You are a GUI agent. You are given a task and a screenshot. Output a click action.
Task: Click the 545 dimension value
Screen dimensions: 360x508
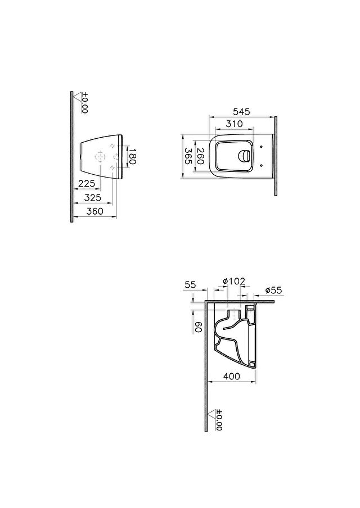tap(242, 112)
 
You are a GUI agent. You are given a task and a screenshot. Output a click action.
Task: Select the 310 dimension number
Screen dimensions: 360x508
tap(234, 124)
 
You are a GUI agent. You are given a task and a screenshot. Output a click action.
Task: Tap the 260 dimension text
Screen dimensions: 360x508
tap(200, 156)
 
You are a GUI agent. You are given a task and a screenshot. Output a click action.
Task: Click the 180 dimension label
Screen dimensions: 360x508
tap(132, 157)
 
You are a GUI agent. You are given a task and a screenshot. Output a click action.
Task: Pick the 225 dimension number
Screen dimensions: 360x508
tap(87, 184)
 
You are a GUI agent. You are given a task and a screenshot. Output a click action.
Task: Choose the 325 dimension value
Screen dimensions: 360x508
tap(93, 197)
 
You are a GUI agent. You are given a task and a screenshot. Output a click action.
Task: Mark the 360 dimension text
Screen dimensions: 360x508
tap(95, 211)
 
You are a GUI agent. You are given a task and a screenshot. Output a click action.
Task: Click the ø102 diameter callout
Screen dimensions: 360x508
tap(234, 281)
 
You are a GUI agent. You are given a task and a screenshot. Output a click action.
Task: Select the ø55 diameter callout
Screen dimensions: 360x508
tap(274, 291)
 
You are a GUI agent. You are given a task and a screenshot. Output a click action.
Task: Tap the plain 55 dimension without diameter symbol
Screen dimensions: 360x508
tap(190, 285)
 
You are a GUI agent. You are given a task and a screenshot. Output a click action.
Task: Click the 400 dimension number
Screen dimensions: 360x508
tap(232, 376)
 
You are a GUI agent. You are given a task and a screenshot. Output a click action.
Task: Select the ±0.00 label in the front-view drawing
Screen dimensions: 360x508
tap(84, 103)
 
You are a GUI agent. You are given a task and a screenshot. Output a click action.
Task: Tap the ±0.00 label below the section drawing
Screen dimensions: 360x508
tap(219, 420)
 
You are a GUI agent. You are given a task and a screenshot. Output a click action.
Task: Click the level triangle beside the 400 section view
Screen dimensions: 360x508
tap(211, 414)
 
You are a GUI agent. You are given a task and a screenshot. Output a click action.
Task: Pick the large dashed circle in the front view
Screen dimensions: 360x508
tap(100, 157)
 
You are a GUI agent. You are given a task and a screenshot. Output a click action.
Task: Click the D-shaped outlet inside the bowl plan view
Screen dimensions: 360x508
tap(244, 156)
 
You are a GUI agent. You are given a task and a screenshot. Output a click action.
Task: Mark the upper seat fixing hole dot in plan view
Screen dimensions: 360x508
tap(262, 147)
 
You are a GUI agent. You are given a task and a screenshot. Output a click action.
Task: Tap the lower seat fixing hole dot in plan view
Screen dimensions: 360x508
tap(262, 166)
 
